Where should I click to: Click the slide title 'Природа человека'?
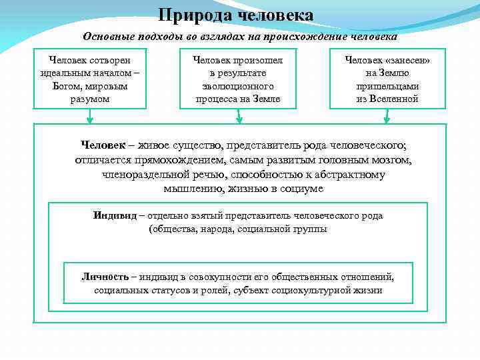(x=237, y=15)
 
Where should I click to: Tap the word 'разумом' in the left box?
(x=89, y=99)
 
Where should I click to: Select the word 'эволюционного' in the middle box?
(x=237, y=86)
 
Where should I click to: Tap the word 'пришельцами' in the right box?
(x=387, y=86)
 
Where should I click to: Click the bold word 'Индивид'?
(x=115, y=215)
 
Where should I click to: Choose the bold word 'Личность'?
(x=105, y=277)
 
